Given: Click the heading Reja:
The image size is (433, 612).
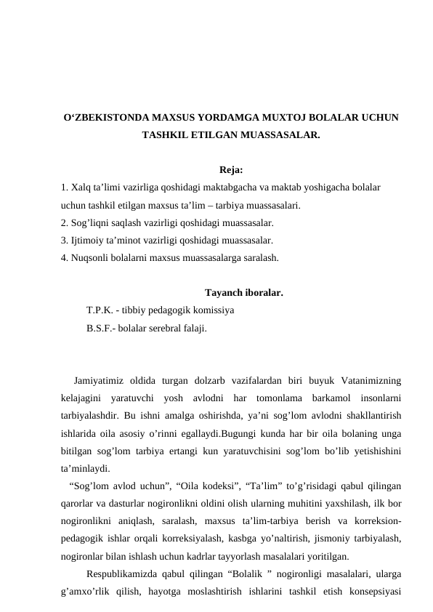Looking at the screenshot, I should pos(231,172).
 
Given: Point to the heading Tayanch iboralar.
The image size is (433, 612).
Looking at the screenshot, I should pos(244,294).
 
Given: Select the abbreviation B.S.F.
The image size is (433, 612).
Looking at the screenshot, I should pos(99,329).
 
